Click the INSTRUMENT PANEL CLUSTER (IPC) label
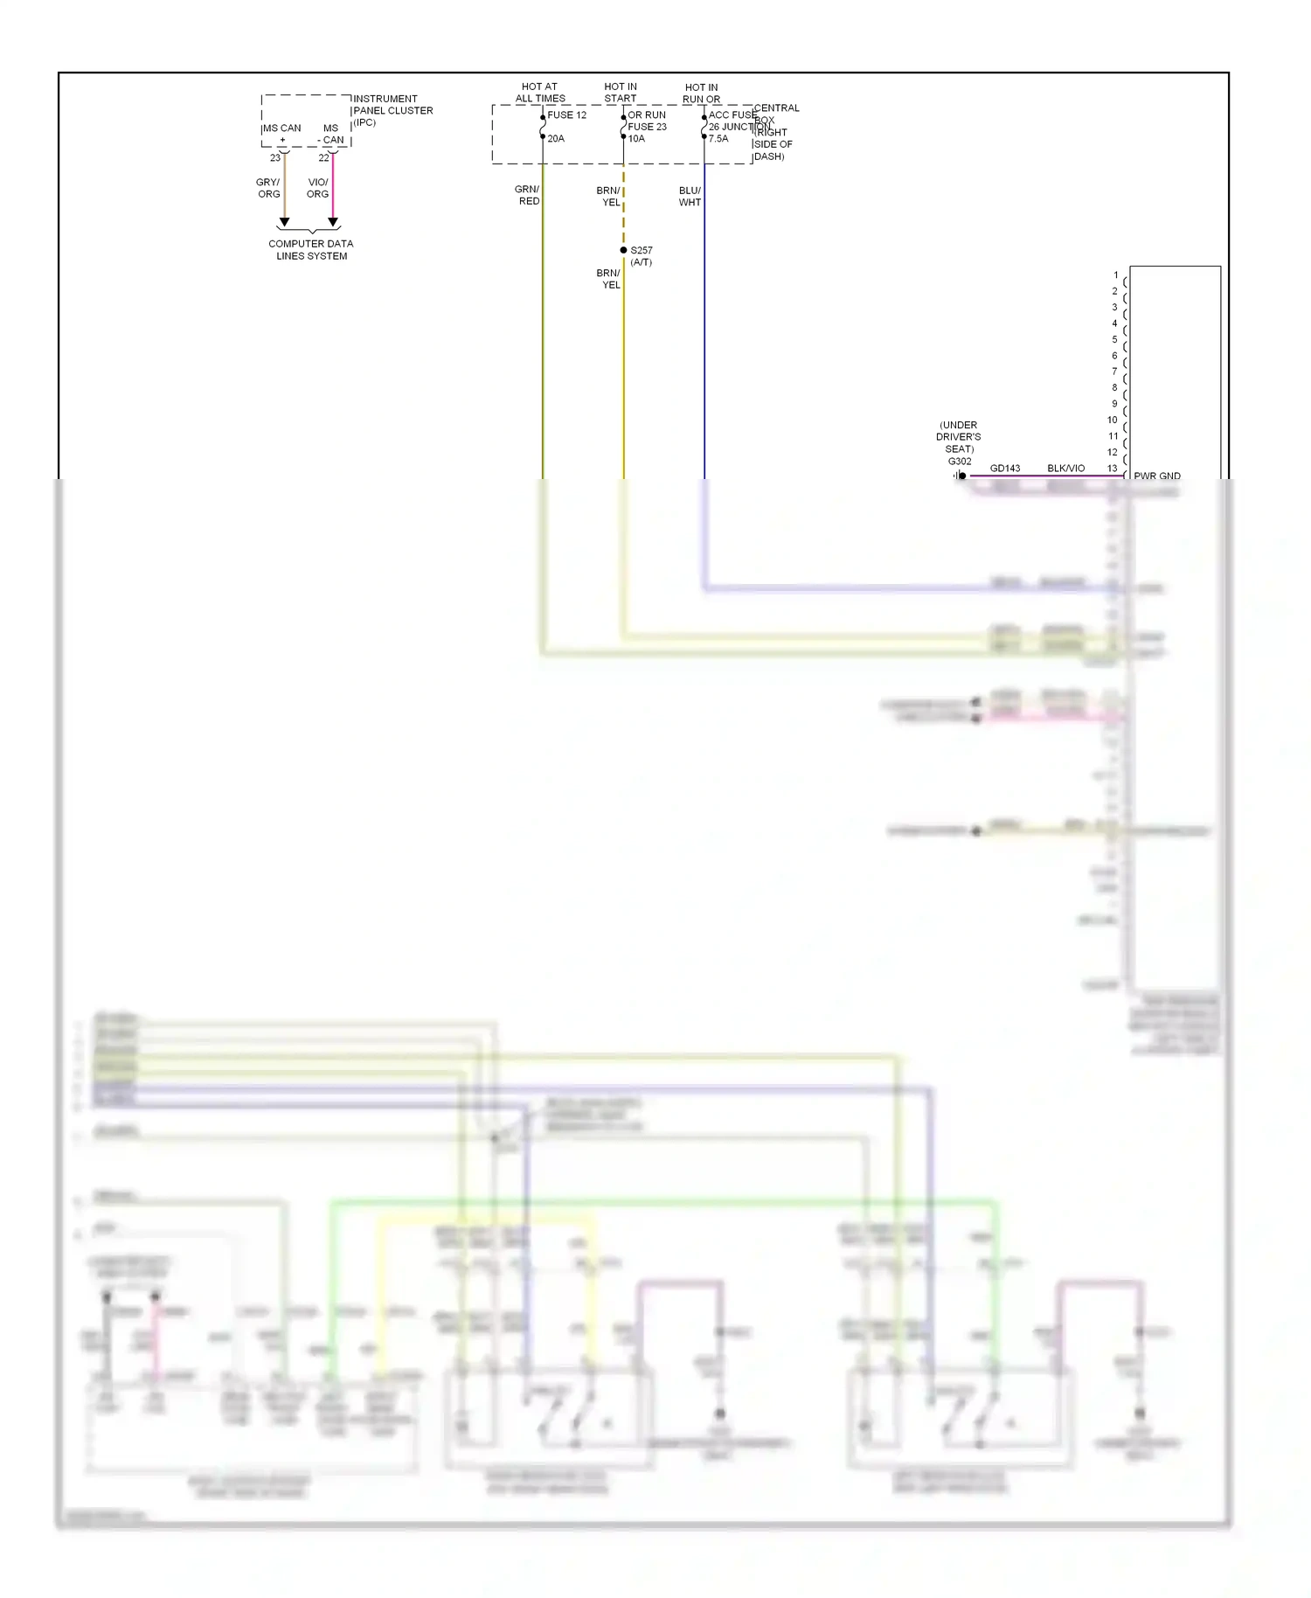[x=392, y=110]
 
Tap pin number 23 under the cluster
[x=275, y=158]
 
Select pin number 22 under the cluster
[x=323, y=158]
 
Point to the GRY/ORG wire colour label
[x=268, y=188]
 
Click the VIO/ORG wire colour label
[x=317, y=188]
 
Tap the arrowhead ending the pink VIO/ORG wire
[x=333, y=222]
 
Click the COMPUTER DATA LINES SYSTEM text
[x=311, y=250]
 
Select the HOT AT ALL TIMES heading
[x=539, y=93]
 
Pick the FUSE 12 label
[x=566, y=115]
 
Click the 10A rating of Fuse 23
[x=636, y=139]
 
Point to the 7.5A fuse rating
[x=718, y=139]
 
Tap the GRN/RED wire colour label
[x=527, y=195]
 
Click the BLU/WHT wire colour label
[x=690, y=196]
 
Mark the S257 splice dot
[x=623, y=250]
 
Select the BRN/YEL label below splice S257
[x=608, y=279]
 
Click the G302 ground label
[x=960, y=462]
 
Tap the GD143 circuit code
[x=1005, y=469]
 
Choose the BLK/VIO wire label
[x=1065, y=469]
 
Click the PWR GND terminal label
[x=1157, y=476]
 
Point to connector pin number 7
[x=1114, y=372]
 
